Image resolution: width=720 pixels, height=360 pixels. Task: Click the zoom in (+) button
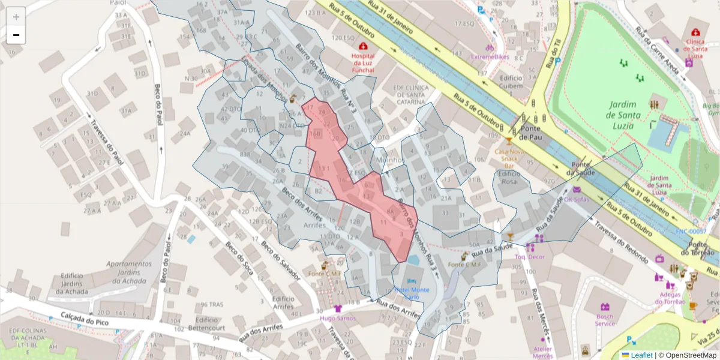(16, 17)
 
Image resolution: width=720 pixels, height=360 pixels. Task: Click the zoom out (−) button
(16, 35)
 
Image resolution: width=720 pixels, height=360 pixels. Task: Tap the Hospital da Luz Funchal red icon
(362, 46)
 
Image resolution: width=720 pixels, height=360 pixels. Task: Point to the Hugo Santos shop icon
(337, 308)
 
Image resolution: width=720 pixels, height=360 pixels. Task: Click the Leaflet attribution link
(641, 355)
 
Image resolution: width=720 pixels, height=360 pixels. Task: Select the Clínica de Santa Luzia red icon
(695, 32)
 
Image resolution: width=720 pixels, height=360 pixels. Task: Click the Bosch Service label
(605, 319)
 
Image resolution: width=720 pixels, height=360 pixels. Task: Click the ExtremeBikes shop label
(490, 56)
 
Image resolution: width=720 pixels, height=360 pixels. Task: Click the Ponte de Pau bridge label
(531, 133)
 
